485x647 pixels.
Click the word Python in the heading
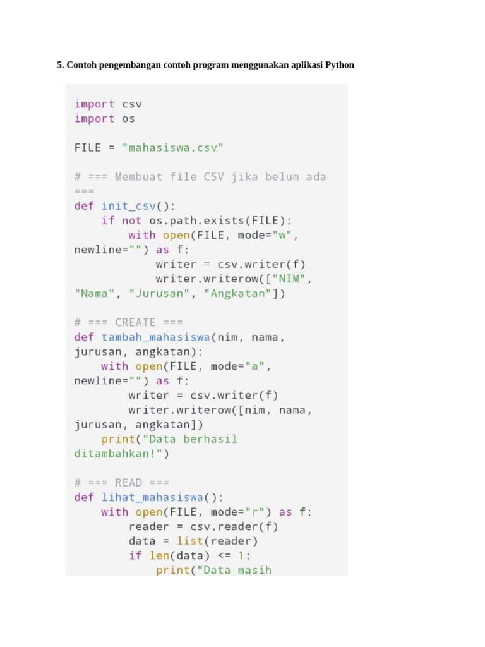coord(339,65)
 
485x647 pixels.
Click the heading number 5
coord(61,65)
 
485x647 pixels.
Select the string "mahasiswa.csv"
coord(173,148)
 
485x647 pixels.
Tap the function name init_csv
coord(128,206)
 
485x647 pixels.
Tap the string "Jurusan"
coord(155,293)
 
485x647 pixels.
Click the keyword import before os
coord(95,119)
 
